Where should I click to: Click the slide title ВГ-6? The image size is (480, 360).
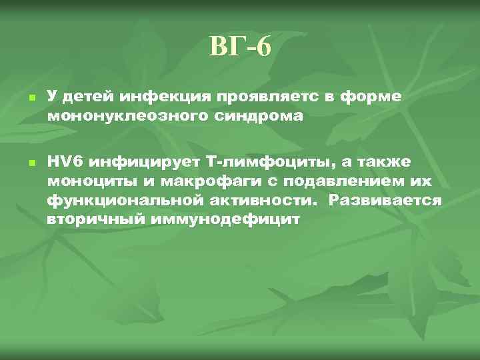pyautogui.click(x=240, y=47)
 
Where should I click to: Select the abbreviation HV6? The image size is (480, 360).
pyautogui.click(x=66, y=163)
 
